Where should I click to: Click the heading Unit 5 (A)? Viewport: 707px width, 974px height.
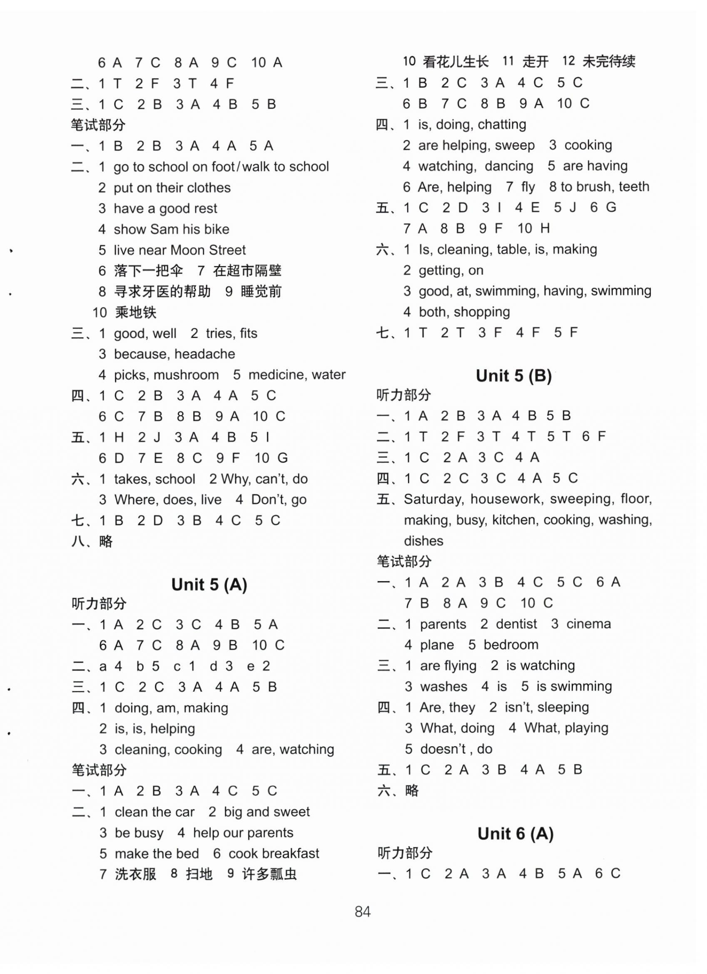click(209, 584)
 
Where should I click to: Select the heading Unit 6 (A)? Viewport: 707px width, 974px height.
click(515, 834)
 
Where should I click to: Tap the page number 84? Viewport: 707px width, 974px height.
click(363, 911)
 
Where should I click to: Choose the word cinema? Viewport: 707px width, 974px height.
click(588, 624)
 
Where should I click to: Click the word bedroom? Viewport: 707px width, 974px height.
click(511, 645)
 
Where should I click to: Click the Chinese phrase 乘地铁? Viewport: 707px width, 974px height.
click(136, 312)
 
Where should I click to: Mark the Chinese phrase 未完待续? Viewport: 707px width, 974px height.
click(609, 62)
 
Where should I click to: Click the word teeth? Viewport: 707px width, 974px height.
click(634, 187)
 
